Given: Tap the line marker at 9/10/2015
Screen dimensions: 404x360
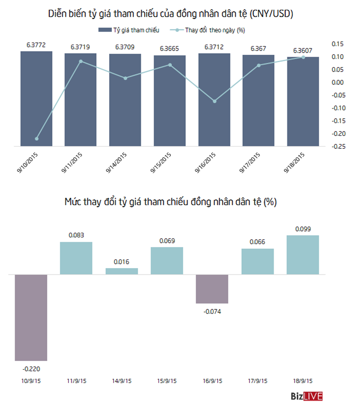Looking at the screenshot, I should tap(36, 139).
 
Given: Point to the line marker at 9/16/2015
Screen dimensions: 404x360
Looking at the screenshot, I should tap(214, 101).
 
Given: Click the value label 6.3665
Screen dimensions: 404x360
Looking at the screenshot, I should tap(169, 49).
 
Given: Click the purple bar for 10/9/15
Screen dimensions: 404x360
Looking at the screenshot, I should tap(31, 318).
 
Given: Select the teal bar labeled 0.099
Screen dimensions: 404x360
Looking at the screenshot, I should tap(303, 255).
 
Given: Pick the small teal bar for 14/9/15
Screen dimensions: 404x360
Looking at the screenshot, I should tap(121, 271).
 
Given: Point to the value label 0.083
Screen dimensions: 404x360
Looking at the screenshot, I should tap(76, 235).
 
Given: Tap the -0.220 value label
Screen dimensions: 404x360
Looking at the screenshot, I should tap(31, 369).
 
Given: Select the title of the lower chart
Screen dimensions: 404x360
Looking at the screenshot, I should tap(170, 203).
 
